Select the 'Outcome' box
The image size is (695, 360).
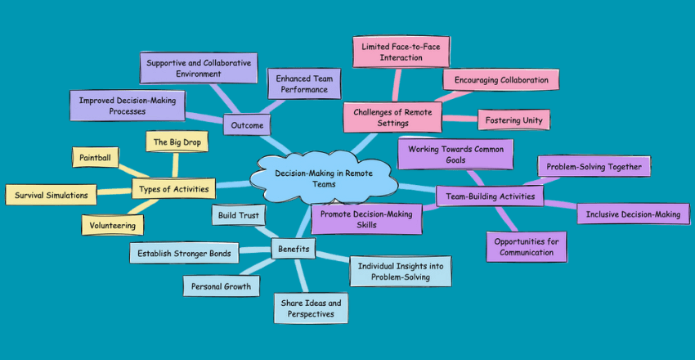click(x=248, y=125)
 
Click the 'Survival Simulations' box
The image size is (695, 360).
click(x=51, y=195)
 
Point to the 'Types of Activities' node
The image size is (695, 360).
click(x=173, y=190)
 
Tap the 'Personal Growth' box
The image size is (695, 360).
click(x=220, y=286)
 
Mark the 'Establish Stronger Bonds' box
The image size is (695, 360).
click(x=185, y=253)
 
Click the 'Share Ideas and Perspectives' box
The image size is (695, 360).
click(x=308, y=308)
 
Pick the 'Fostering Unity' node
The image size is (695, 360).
click(x=513, y=120)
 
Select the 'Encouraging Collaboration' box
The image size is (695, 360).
click(x=501, y=80)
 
